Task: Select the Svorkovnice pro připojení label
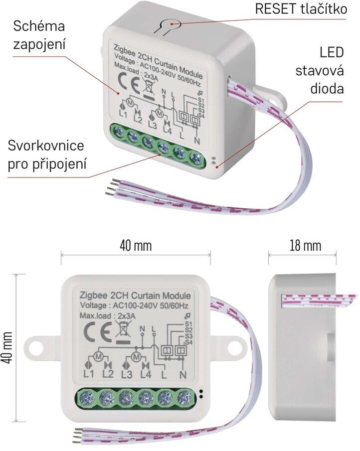[x=46, y=155]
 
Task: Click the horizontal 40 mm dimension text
[x=136, y=246]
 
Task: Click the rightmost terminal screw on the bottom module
[x=184, y=398]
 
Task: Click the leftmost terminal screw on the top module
[x=120, y=132]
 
